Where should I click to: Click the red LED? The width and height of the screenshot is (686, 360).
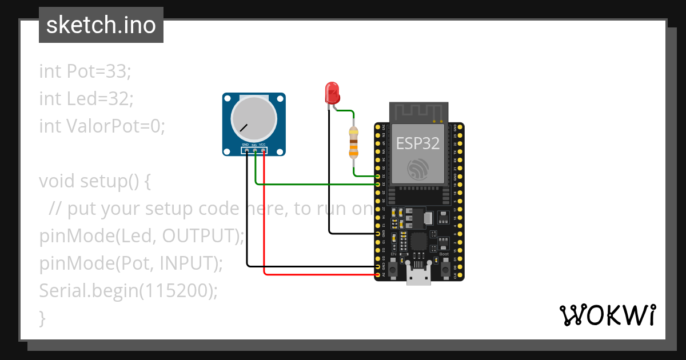[x=332, y=92]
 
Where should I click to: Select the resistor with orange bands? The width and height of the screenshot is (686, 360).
[x=354, y=143]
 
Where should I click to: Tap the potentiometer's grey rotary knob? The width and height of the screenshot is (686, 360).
[x=254, y=119]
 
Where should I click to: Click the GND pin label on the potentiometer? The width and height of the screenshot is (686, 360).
[x=245, y=145]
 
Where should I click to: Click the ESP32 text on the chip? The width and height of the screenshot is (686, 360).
[x=418, y=143]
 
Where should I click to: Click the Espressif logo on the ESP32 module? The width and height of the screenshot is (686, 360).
[x=418, y=169]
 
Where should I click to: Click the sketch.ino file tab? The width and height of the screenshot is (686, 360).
[x=101, y=25]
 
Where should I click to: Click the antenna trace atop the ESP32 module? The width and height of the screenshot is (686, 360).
[x=418, y=112]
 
